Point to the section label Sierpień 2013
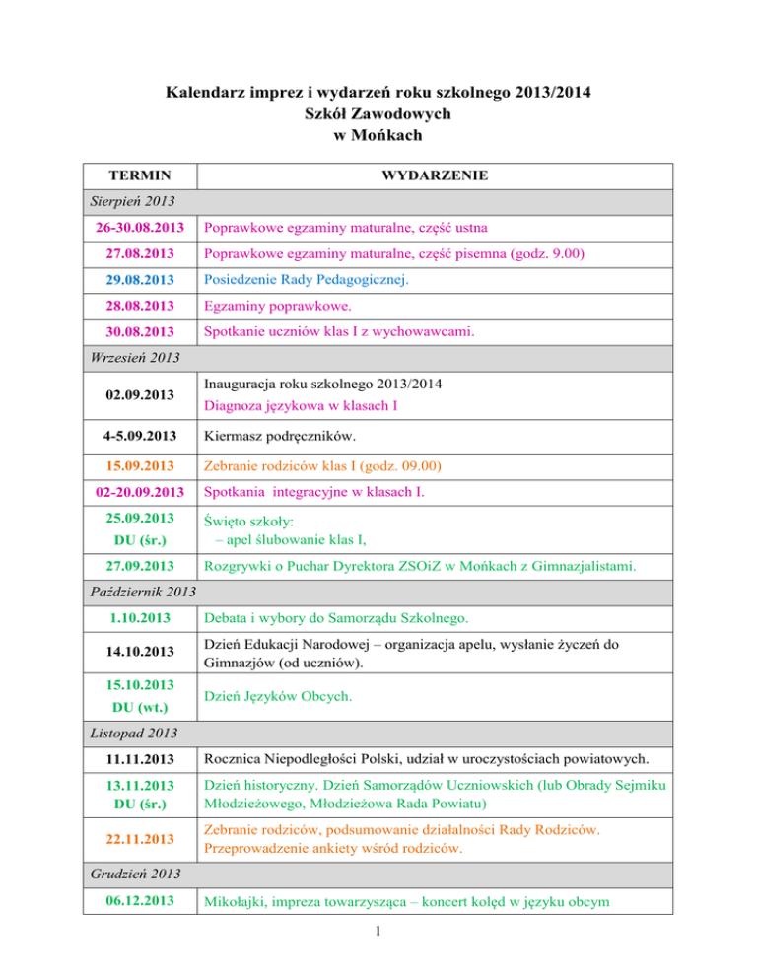coord(110,201)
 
